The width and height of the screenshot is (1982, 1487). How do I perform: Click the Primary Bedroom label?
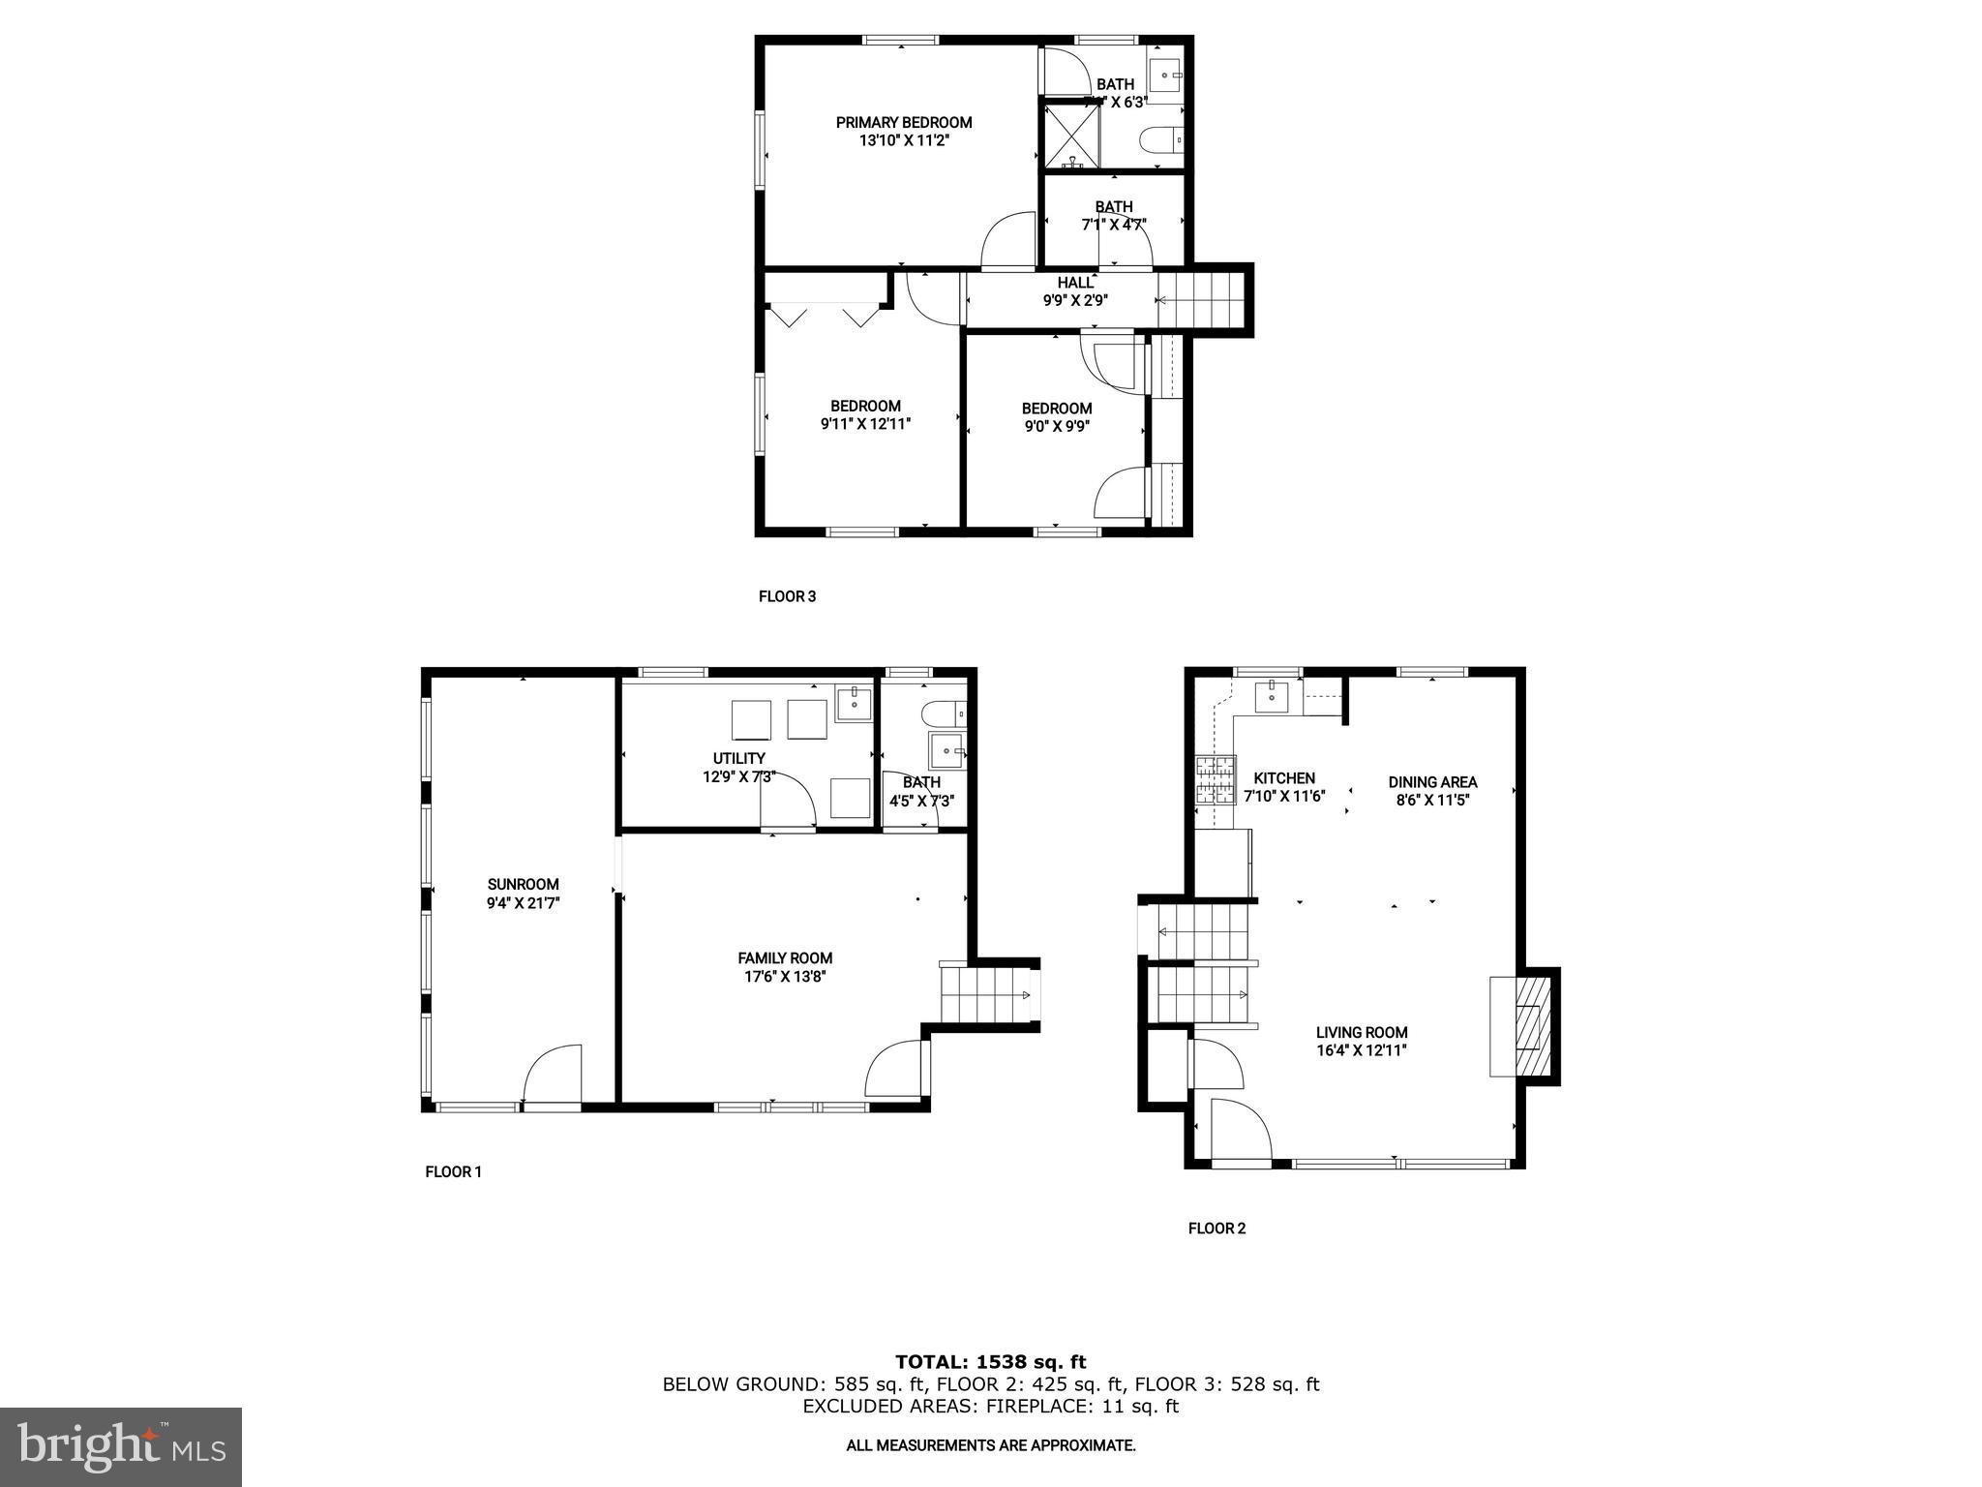(x=904, y=123)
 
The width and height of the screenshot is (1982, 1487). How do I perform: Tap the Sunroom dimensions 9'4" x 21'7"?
(x=524, y=902)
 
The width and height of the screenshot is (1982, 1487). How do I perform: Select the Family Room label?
(x=785, y=958)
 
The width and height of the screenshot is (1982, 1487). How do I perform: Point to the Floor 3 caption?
(x=787, y=596)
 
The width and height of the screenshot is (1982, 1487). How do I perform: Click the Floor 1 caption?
(x=453, y=1171)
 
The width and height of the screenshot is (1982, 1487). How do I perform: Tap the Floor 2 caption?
(x=1216, y=1229)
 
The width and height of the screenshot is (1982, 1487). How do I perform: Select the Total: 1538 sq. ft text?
(x=990, y=1362)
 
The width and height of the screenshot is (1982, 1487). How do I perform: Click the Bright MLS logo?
(x=121, y=1446)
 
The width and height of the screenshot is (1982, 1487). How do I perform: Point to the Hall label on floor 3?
(x=1074, y=283)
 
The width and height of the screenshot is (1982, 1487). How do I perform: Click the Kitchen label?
(x=1284, y=778)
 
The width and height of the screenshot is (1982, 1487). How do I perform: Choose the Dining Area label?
(x=1432, y=782)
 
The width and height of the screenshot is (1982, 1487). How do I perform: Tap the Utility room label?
(x=739, y=758)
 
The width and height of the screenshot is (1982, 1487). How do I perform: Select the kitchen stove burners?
(x=1216, y=780)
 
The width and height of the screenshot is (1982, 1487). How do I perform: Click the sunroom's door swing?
(x=553, y=1075)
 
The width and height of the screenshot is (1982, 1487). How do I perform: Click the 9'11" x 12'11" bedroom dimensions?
(x=865, y=424)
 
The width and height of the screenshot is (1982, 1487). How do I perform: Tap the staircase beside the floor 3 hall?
(x=1201, y=300)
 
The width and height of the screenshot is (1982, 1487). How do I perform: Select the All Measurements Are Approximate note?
(x=990, y=1445)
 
